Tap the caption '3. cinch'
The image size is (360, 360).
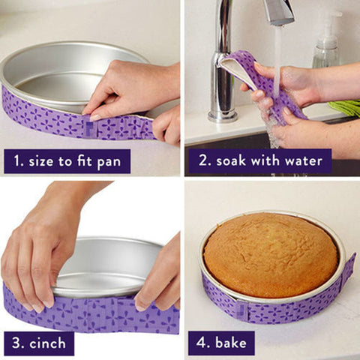tap(38, 343)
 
